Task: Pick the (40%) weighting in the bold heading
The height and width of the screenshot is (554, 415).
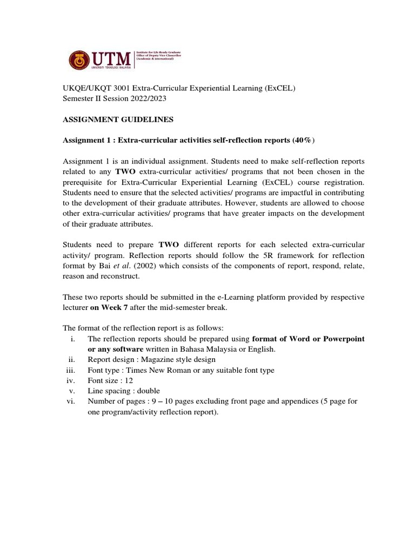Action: click(303, 141)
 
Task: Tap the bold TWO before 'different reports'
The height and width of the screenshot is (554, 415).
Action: click(168, 245)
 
